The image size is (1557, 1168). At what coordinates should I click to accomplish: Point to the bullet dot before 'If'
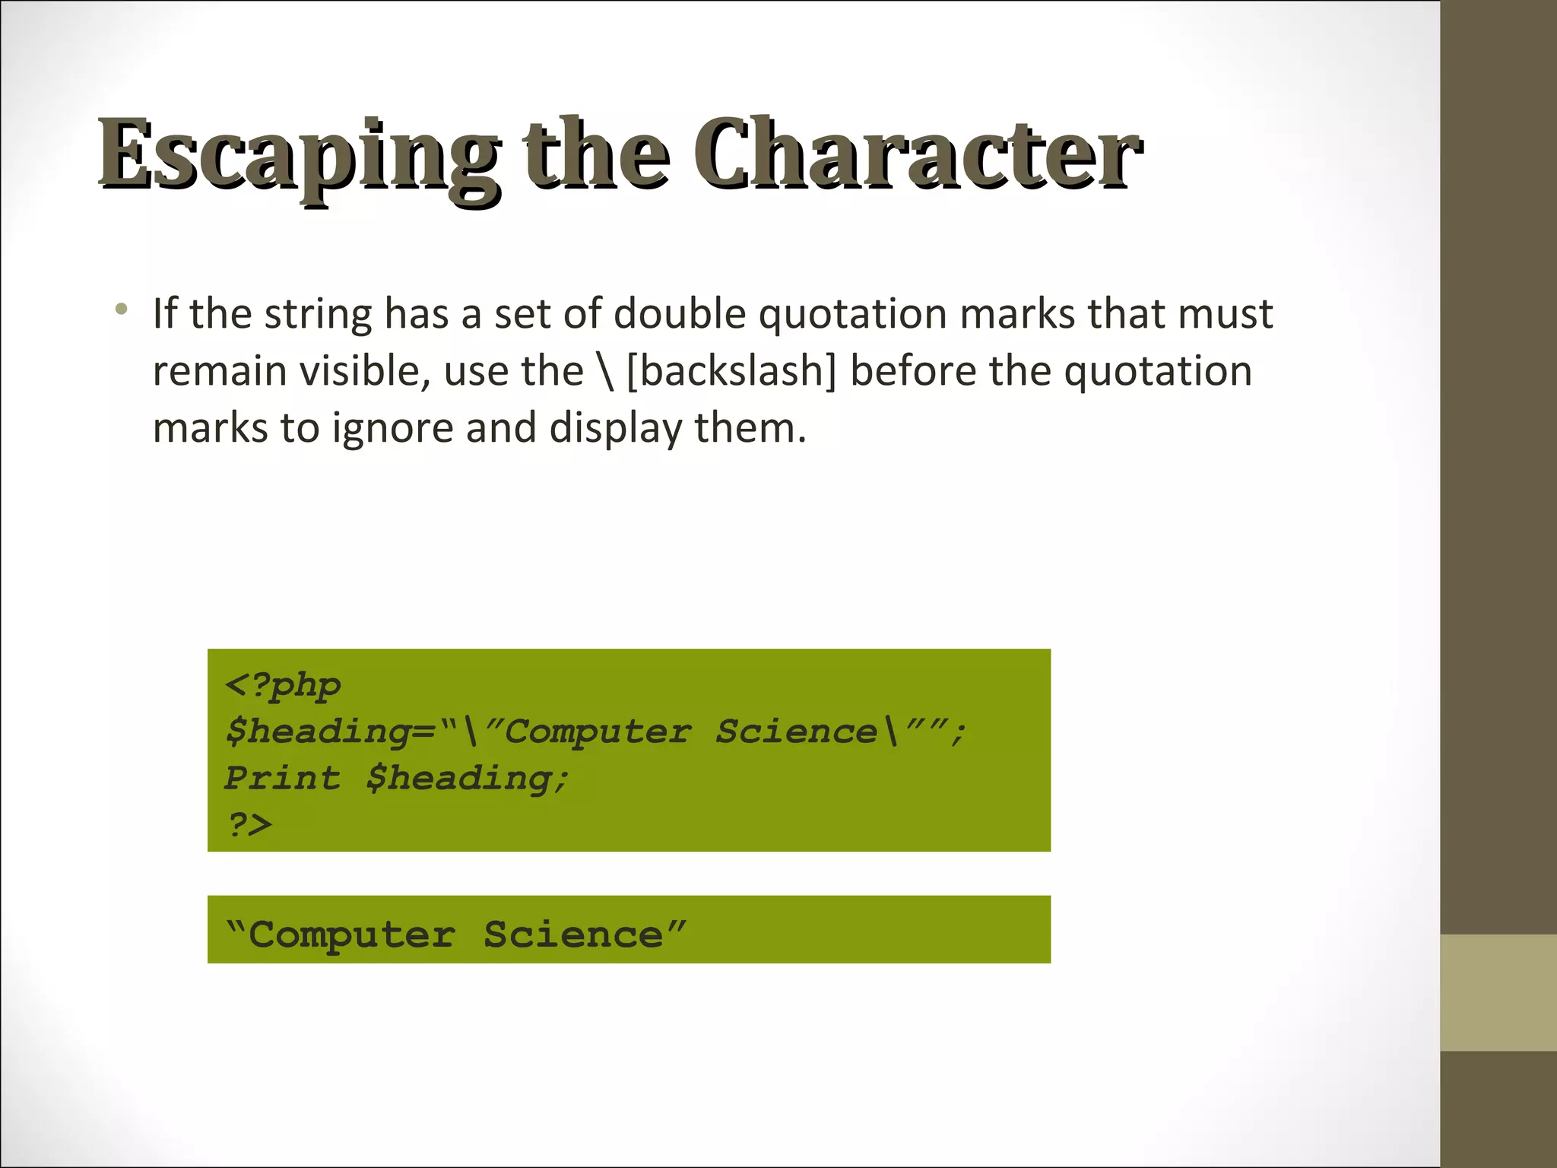pos(121,309)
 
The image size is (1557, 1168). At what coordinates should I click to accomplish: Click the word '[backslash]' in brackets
pos(731,371)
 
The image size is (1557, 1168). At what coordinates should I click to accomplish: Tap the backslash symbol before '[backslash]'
pos(605,371)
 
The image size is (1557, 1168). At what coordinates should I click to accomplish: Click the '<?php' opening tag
pos(283,685)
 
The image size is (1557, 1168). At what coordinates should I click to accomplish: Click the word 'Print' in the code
pos(282,778)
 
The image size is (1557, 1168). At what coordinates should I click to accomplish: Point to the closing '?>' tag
pos(249,824)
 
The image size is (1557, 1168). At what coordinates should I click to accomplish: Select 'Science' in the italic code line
pos(796,732)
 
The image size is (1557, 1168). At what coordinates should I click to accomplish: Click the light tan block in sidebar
pos(1498,992)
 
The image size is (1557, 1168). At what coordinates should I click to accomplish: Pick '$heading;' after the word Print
pos(467,779)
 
